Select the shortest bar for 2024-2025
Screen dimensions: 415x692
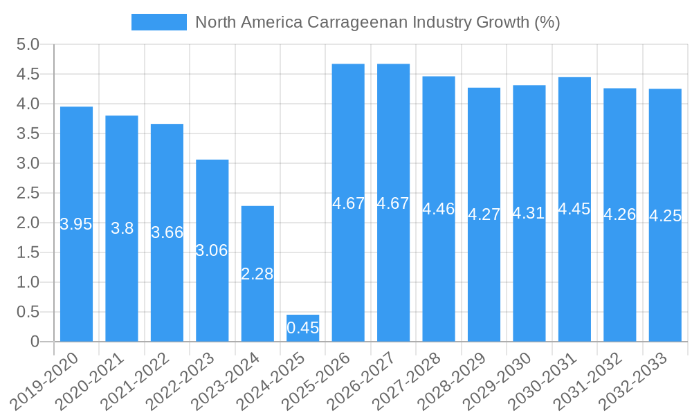pos(302,328)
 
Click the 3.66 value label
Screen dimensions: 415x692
pos(167,232)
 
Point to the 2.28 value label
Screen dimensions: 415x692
pos(257,274)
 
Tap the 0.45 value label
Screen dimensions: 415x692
pos(302,328)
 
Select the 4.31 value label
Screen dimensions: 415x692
pos(529,213)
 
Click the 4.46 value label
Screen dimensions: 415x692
pos(439,209)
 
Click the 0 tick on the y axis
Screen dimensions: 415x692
pos(35,342)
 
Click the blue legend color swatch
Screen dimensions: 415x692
pos(158,22)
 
